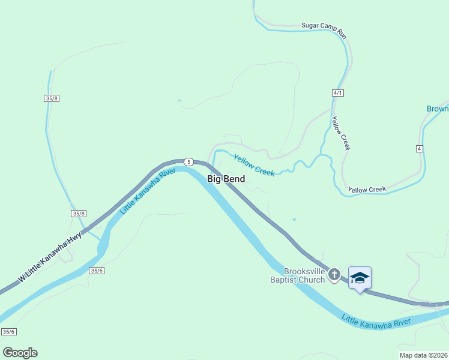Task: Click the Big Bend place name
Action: [x=226, y=179]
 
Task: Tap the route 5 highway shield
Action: [x=188, y=162]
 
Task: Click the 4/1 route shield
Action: [x=337, y=93]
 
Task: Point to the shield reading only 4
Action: [x=419, y=148]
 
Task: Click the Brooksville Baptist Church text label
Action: [x=297, y=275]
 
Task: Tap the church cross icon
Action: [x=335, y=275]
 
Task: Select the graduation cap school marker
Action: [x=360, y=278]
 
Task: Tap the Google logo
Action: [x=20, y=353]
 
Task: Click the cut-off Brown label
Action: [x=438, y=109]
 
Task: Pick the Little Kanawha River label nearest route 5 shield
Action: [x=148, y=191]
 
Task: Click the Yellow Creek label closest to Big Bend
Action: [x=254, y=166]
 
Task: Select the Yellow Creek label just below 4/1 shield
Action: [x=340, y=133]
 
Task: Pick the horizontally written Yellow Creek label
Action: [x=367, y=190]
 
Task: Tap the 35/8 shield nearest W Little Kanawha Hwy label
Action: [x=79, y=214]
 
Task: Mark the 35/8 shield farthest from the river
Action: [x=52, y=98]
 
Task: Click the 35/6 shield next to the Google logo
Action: [x=8, y=332]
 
